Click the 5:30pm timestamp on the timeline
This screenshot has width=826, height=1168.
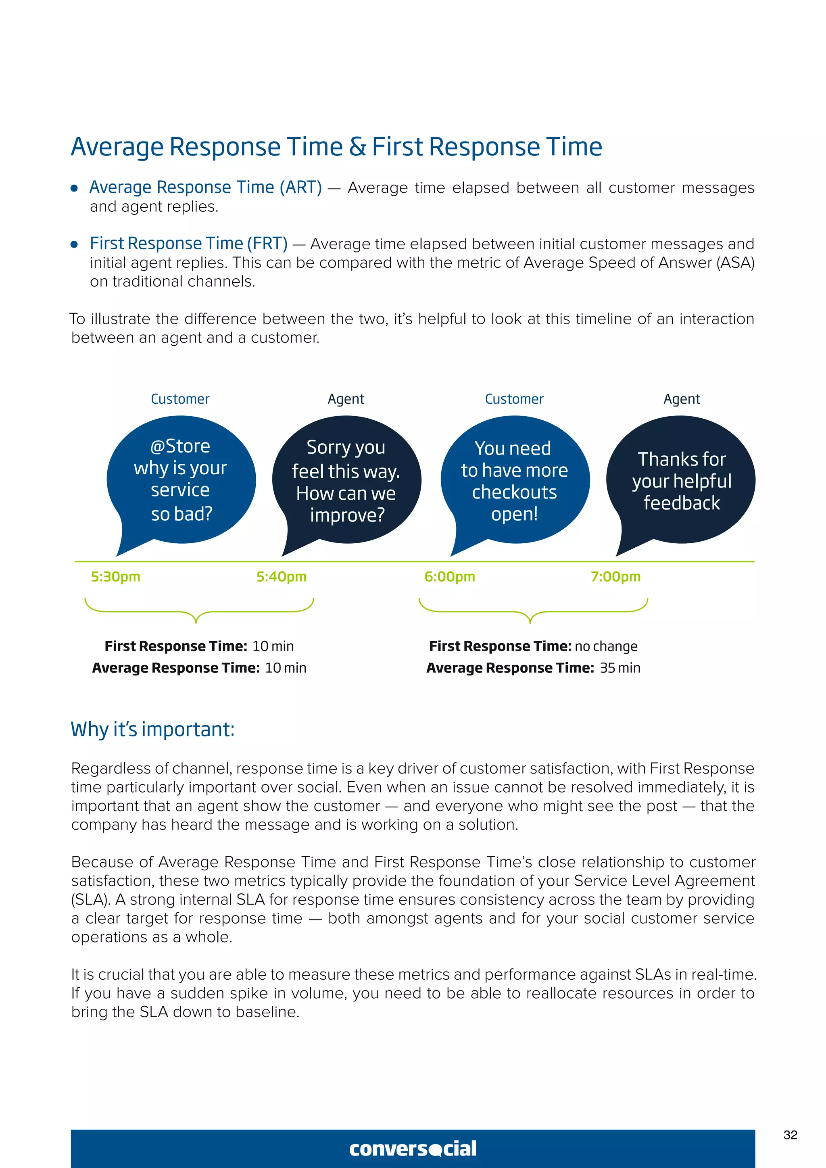coord(115,576)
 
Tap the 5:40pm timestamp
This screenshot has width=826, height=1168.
coord(281,576)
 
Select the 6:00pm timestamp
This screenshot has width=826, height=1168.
coord(450,576)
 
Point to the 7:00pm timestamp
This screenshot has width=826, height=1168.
coord(615,576)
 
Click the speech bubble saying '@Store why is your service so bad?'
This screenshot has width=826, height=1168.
coord(181,480)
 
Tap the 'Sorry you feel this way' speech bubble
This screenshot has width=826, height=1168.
coord(346,480)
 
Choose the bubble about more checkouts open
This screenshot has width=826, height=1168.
coord(514,480)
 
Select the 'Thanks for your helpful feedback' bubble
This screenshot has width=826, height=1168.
coord(681,480)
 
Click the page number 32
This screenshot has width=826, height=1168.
coord(790,1135)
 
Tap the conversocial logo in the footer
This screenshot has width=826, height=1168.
coord(413,1148)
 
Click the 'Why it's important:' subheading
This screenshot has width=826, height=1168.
coord(152,730)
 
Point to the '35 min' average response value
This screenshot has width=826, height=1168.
coord(619,668)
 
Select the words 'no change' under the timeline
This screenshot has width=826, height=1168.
coord(606,646)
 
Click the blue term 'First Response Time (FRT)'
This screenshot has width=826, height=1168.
coord(189,243)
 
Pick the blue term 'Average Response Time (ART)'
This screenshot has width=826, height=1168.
coord(205,187)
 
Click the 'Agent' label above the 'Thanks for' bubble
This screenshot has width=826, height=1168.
coord(682,399)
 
